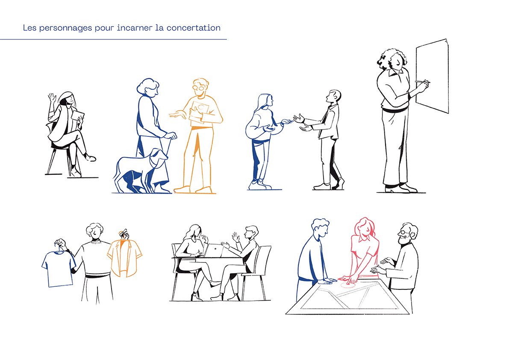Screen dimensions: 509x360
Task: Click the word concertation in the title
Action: pos(194,28)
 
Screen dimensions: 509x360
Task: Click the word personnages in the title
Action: pos(65,28)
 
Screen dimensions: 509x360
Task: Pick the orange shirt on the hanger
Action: pos(125,257)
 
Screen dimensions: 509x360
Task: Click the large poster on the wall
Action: pos(433,76)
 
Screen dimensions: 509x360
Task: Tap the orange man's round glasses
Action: pos(199,87)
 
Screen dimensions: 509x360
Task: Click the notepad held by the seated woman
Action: pos(77,116)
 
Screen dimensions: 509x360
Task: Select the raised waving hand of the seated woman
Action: pos(52,98)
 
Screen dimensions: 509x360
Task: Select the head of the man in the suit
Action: pos(334,97)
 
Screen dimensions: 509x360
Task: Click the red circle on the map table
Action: pos(348,285)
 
